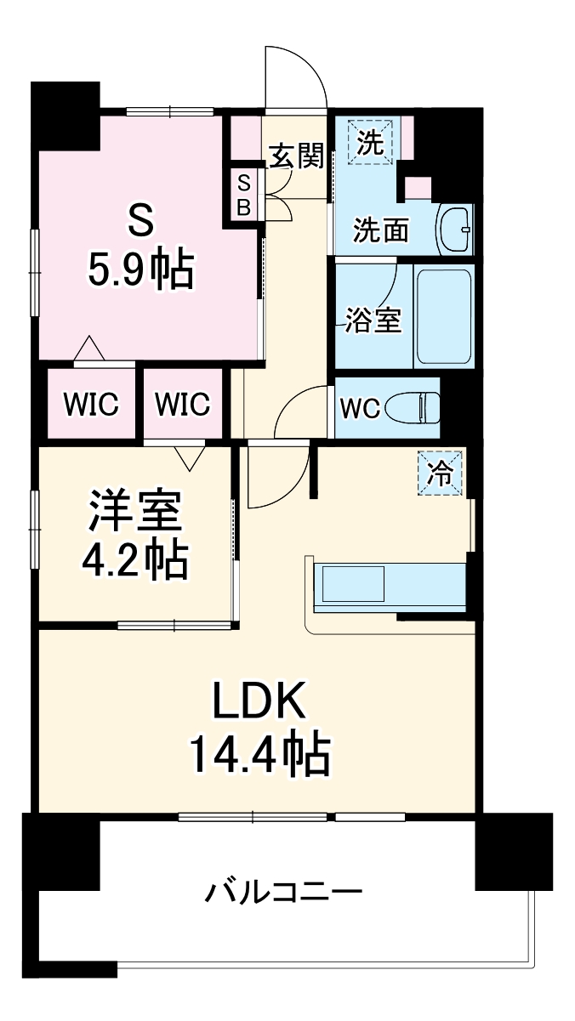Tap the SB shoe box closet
243,196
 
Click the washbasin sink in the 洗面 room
456,228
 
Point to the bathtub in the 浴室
443,316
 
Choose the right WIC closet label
182,405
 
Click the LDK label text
259,702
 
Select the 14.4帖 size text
259,753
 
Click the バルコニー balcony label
284,893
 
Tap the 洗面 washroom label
382,229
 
